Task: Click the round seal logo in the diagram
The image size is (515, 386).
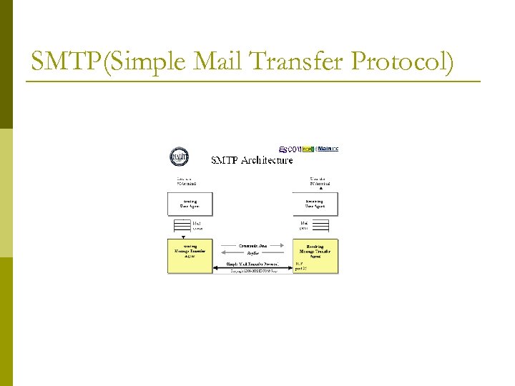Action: click(179, 157)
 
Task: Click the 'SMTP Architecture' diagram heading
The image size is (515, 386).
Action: click(252, 160)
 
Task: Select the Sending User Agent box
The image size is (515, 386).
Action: click(190, 204)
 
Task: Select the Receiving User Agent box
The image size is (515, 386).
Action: click(315, 204)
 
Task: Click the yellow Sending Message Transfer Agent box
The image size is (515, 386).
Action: click(190, 255)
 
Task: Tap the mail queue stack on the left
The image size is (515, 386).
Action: click(178, 225)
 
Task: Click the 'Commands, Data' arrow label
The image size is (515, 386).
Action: click(252, 245)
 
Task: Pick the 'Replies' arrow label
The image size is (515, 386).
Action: click(252, 254)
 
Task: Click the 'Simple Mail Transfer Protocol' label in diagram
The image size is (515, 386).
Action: click(252, 264)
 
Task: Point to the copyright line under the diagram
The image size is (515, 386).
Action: click(252, 272)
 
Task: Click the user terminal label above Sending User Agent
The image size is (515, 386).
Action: click(185, 181)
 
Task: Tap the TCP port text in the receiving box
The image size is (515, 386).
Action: click(300, 267)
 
